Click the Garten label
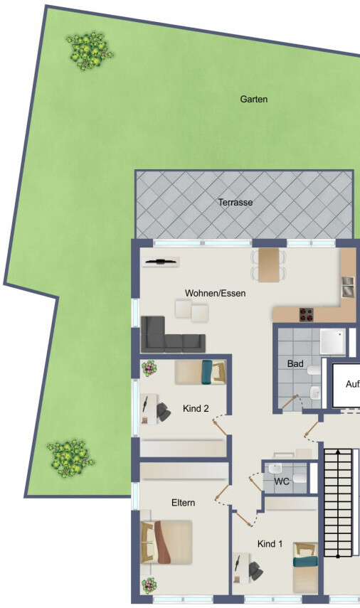[x=254, y=100]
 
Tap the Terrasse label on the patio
[x=235, y=203]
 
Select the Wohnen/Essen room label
[x=216, y=293]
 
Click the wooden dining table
[x=269, y=265]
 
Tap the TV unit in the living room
[x=161, y=262]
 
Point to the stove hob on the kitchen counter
[x=307, y=314]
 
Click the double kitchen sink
[x=348, y=284]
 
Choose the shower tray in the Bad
[x=334, y=342]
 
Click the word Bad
[x=295, y=364]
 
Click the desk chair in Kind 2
[x=164, y=411]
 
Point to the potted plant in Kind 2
[x=149, y=368]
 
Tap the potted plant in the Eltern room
[x=149, y=585]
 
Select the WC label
[x=282, y=481]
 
